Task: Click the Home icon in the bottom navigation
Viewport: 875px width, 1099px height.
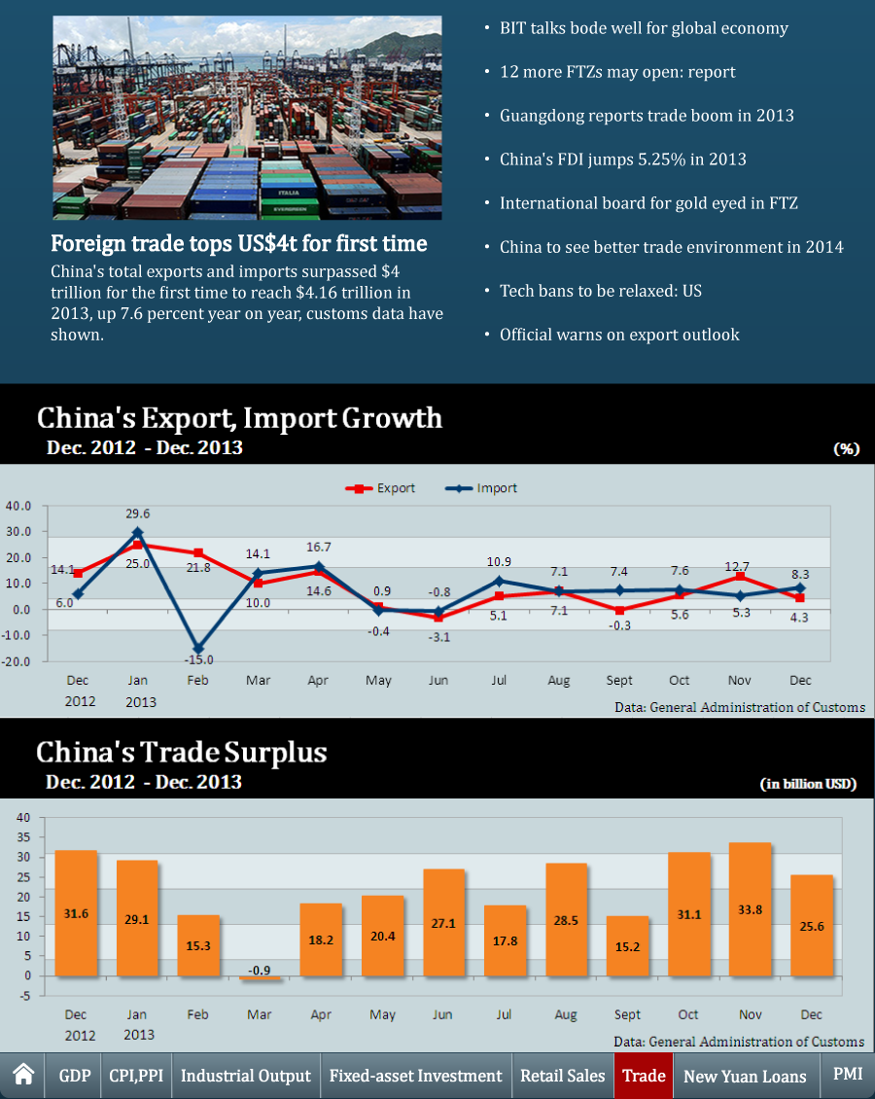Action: point(24,1075)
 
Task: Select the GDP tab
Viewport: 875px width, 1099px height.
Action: point(75,1076)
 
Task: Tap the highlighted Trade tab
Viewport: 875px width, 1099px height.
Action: point(644,1076)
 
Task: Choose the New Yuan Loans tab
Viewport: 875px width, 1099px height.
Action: point(745,1077)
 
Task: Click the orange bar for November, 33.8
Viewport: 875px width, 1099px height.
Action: point(750,909)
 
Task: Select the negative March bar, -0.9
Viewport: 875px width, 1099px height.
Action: point(260,978)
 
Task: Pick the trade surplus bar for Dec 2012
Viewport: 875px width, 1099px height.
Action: point(76,913)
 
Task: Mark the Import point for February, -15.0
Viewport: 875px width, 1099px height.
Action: point(198,649)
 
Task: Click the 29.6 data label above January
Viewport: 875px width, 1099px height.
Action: point(138,514)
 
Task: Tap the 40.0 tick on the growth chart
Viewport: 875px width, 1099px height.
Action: point(19,506)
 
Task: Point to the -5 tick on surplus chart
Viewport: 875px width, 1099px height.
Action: point(24,995)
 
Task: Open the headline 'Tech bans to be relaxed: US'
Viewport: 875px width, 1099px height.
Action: point(600,291)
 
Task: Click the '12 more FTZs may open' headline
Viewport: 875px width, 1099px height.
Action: point(617,72)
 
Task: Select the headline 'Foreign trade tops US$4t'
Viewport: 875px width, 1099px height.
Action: point(239,242)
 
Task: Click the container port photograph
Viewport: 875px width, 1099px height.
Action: point(247,118)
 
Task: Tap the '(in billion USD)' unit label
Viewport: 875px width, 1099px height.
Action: point(808,784)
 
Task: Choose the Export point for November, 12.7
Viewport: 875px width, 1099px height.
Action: point(741,577)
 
